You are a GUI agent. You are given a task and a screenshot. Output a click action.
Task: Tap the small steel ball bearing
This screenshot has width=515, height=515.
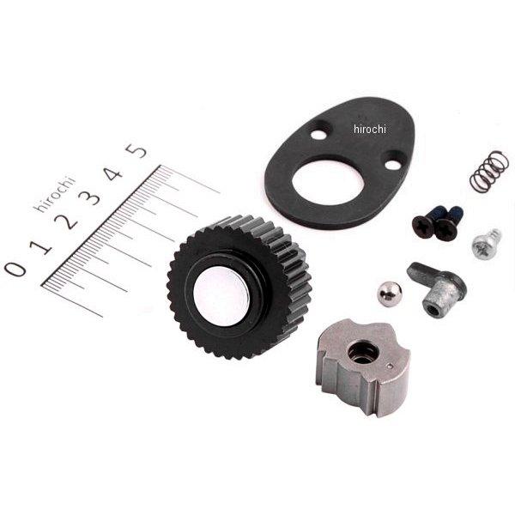[x=389, y=292]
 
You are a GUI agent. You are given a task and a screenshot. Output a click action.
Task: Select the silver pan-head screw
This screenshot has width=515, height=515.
[x=486, y=244]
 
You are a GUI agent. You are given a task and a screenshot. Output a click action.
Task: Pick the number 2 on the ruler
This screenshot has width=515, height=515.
[x=67, y=221]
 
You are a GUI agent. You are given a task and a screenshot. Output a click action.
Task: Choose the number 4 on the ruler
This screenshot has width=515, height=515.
[x=114, y=173]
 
